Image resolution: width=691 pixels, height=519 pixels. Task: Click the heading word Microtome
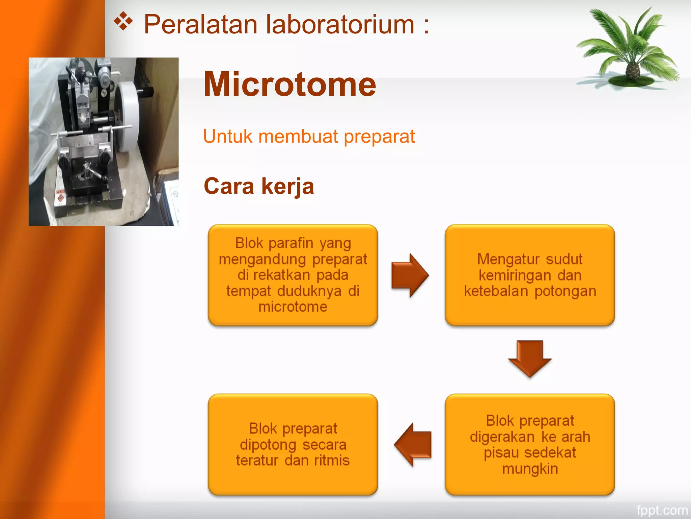tap(289, 84)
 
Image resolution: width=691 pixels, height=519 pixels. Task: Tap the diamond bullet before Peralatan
tap(123, 22)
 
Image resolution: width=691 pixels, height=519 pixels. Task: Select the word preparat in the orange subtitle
tap(379, 137)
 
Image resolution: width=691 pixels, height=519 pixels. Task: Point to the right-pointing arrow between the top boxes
tap(410, 275)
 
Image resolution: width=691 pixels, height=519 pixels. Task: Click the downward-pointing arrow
tap(529, 358)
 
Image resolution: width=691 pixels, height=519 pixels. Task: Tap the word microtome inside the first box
tap(293, 307)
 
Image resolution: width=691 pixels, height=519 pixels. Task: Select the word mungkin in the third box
tap(530, 469)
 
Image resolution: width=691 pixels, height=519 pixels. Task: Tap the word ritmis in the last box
tap(332, 461)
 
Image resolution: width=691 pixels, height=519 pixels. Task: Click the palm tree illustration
tap(628, 47)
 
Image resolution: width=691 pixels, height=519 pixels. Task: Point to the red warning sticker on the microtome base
tap(60, 197)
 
